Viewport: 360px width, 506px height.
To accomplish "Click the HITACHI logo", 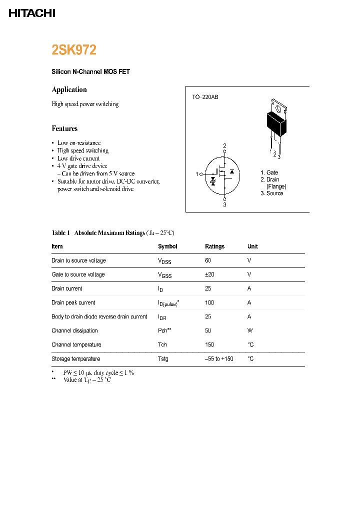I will click(x=32, y=13).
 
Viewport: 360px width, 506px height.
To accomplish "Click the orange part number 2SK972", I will click(x=74, y=50).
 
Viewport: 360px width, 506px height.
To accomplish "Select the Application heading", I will click(x=69, y=89).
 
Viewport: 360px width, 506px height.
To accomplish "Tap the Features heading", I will click(x=64, y=128).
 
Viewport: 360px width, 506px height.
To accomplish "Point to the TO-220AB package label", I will click(x=205, y=97).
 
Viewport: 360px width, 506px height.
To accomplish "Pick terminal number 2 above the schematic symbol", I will click(x=224, y=146).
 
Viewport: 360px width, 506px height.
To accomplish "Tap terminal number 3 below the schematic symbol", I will click(x=224, y=204).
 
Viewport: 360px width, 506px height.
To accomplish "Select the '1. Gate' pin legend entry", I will click(x=269, y=172).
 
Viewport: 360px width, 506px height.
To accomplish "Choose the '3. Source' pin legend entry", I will click(x=271, y=193).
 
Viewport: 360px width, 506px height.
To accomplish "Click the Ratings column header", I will click(x=214, y=246).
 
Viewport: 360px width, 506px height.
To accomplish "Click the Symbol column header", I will click(x=167, y=246).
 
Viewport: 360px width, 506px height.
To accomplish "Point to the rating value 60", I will click(x=208, y=260).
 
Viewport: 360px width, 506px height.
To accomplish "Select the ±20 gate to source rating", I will click(x=209, y=274).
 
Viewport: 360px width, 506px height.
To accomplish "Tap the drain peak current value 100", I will click(x=209, y=302).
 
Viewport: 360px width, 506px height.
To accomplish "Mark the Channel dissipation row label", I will click(x=74, y=330).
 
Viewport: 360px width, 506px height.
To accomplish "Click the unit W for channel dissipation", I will click(x=249, y=330).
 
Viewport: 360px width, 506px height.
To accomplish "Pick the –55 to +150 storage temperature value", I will click(x=219, y=359).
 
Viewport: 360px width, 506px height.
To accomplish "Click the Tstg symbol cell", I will click(x=163, y=359).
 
